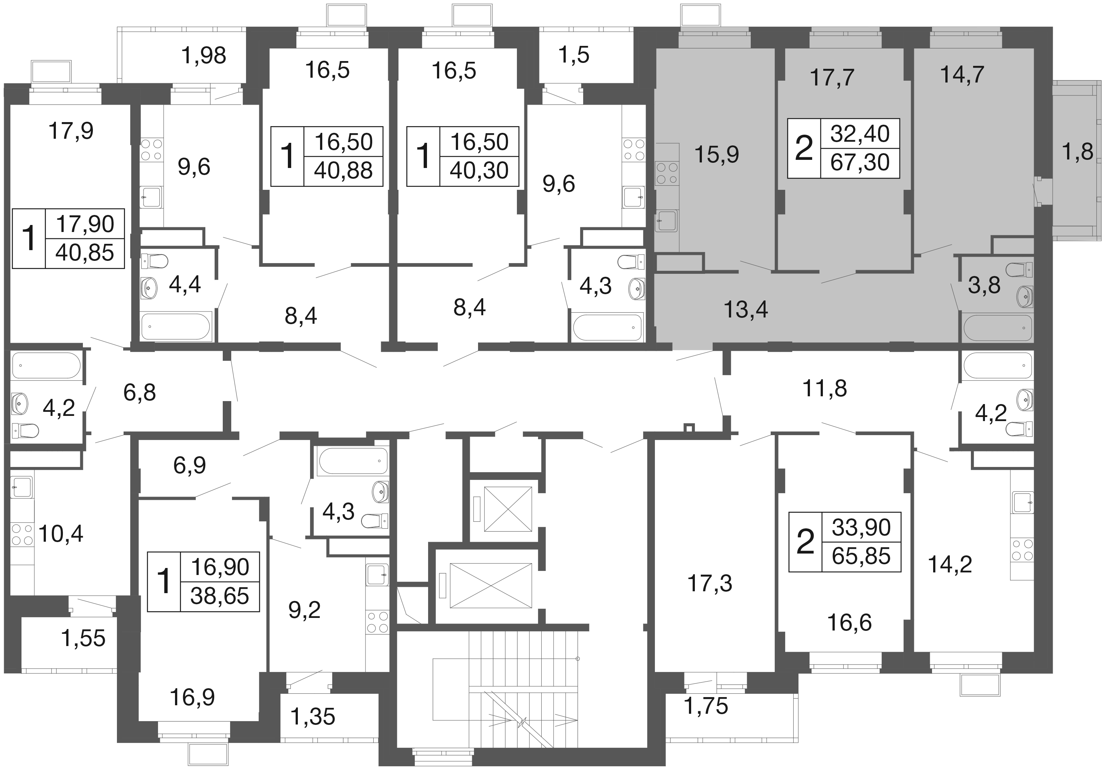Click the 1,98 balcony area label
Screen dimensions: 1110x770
203,56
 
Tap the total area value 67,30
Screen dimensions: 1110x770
860,162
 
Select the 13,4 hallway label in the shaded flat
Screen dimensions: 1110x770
746,309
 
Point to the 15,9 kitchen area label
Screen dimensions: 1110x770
716,155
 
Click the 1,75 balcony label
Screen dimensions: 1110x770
706,706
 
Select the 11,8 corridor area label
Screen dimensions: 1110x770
824,389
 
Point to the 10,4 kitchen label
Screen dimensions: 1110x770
61,534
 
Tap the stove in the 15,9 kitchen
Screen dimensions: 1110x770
667,174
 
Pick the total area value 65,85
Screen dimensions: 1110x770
861,556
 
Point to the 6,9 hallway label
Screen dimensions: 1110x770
189,465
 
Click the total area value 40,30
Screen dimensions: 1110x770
479,170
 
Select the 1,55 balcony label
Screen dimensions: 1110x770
83,638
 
